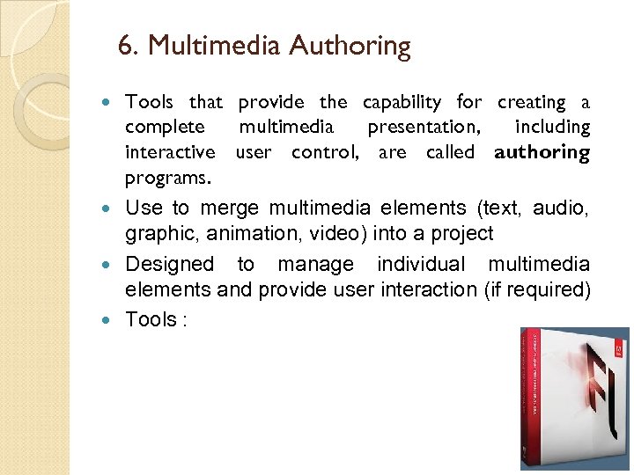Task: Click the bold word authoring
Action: (542, 152)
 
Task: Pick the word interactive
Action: (170, 152)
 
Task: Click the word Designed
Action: (169, 265)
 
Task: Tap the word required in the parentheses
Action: (552, 290)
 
